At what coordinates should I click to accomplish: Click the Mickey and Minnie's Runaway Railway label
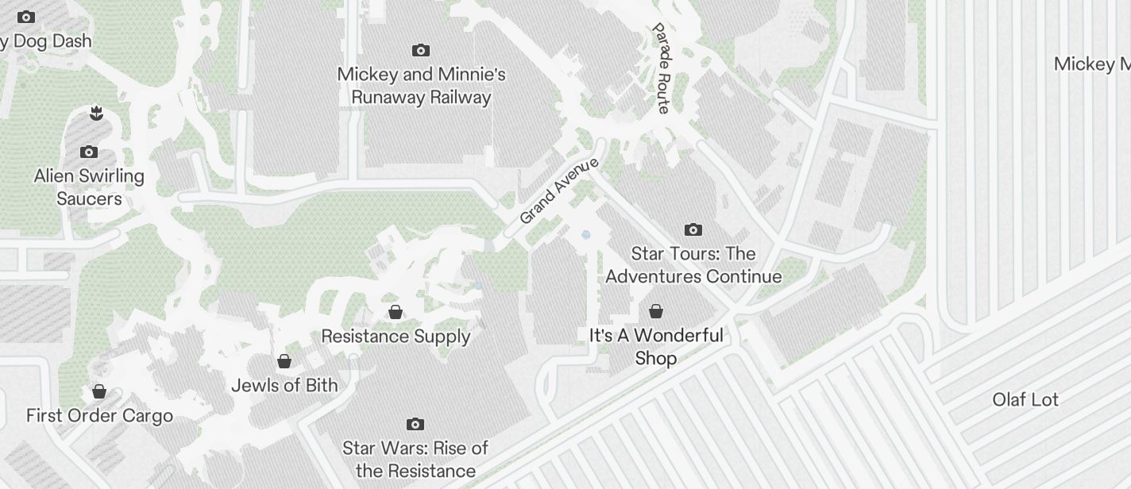click(x=421, y=86)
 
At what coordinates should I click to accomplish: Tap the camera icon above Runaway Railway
click(x=421, y=51)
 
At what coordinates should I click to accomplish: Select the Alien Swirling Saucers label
click(x=89, y=187)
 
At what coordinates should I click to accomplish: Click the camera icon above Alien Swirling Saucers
click(x=89, y=152)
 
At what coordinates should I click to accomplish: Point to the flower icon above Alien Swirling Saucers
click(x=96, y=114)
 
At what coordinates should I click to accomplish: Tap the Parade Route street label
click(x=662, y=68)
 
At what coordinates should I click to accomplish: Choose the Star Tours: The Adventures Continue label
click(x=693, y=265)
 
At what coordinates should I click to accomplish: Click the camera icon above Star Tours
click(x=693, y=230)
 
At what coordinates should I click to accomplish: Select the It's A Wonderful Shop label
click(x=656, y=347)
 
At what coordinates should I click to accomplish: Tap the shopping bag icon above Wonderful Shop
click(x=656, y=311)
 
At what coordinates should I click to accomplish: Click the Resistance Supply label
click(x=396, y=337)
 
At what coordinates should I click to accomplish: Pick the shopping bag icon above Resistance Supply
click(x=396, y=312)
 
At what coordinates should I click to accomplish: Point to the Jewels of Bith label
click(x=284, y=386)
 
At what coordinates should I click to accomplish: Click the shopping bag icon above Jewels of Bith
click(x=284, y=362)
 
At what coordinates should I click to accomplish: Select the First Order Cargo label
click(x=99, y=416)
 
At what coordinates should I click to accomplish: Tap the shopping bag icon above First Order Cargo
click(x=99, y=391)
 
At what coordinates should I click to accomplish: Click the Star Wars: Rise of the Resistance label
click(x=415, y=460)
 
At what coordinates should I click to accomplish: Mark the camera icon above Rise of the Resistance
click(x=415, y=425)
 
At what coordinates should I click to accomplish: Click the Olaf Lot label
click(x=1025, y=399)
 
